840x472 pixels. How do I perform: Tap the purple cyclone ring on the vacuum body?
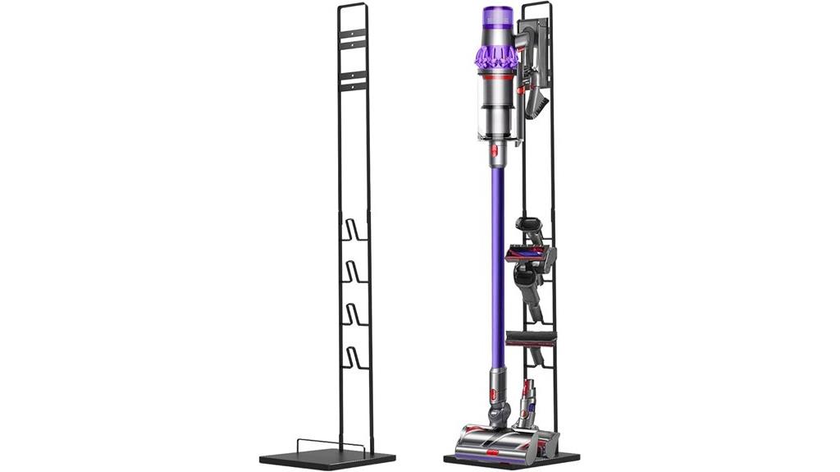[x=496, y=57]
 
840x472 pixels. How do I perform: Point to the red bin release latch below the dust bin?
[x=495, y=152]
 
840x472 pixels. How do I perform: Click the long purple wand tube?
[x=496, y=263]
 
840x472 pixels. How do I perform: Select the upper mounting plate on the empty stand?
[x=354, y=34]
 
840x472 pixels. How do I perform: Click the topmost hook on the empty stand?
[x=354, y=231]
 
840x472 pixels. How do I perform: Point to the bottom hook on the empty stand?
[x=354, y=357]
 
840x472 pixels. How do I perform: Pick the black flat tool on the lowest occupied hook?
[x=532, y=336]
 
